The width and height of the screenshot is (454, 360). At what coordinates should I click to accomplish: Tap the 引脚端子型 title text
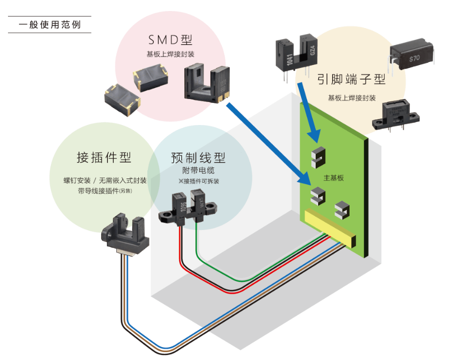point(352,79)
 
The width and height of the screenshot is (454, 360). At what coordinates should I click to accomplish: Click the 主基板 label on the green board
point(334,178)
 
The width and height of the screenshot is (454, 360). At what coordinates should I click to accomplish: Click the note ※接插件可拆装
point(199,181)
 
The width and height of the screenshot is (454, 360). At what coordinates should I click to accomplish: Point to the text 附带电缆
point(198,171)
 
